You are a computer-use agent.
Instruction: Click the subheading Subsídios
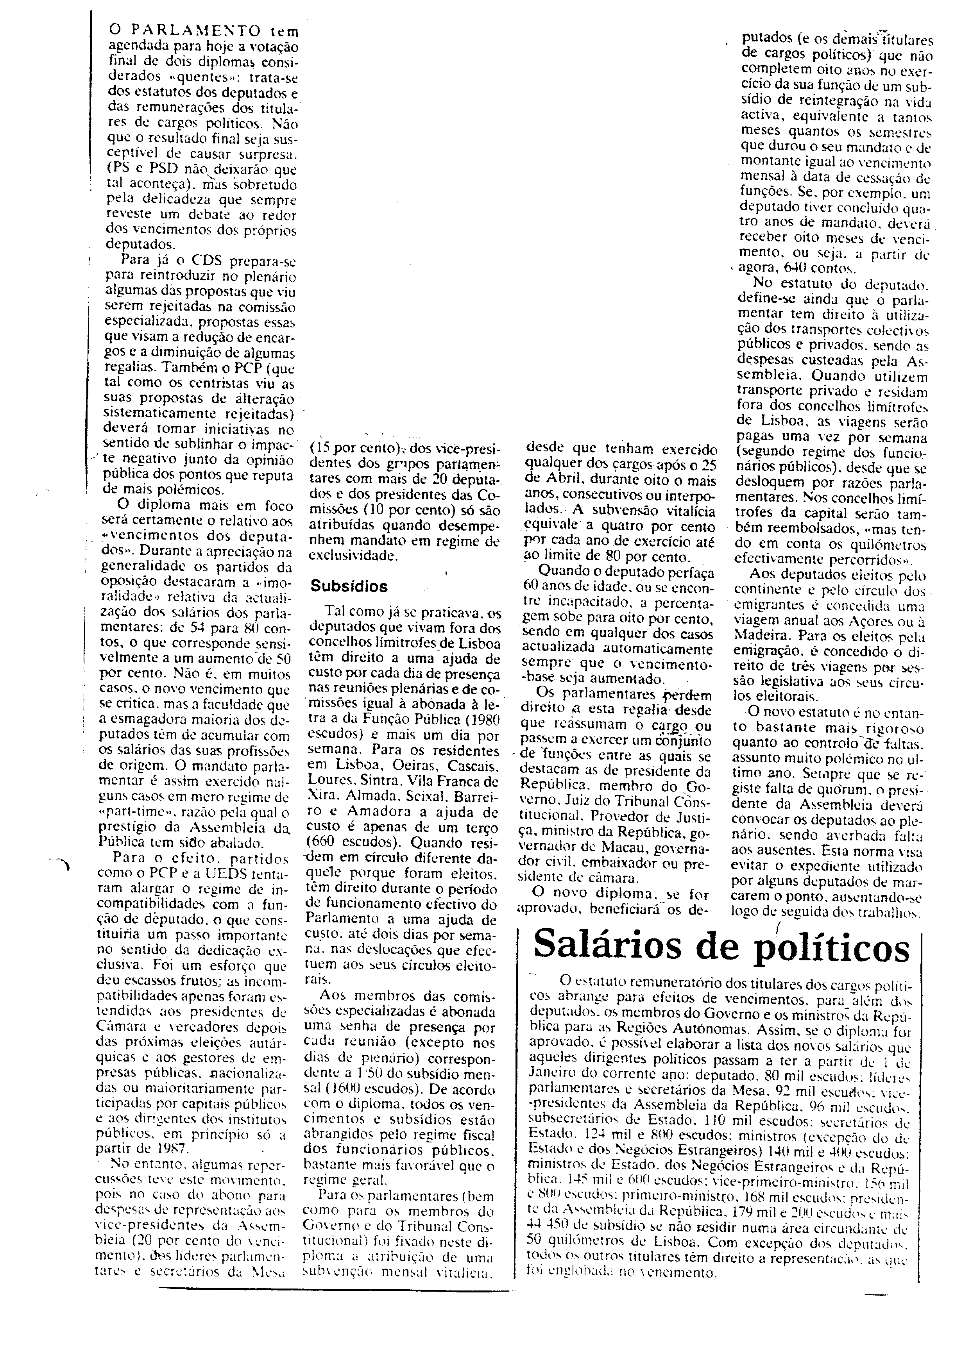coord(349,586)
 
